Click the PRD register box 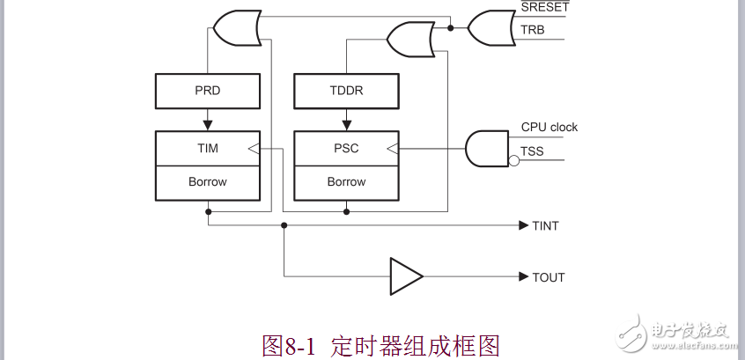coord(208,91)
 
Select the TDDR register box coord(346,91)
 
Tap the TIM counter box coord(208,148)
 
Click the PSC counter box coord(346,148)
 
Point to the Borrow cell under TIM coord(208,182)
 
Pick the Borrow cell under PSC coord(346,182)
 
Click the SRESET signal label coord(545,7)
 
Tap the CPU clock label coord(550,127)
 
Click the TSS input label coord(532,151)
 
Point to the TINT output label coord(545,225)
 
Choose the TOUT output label coord(548,277)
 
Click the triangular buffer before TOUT coord(405,276)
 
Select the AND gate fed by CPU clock coord(486,148)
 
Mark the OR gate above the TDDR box coord(409,39)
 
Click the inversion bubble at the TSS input coord(513,160)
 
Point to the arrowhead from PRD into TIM coord(208,124)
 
